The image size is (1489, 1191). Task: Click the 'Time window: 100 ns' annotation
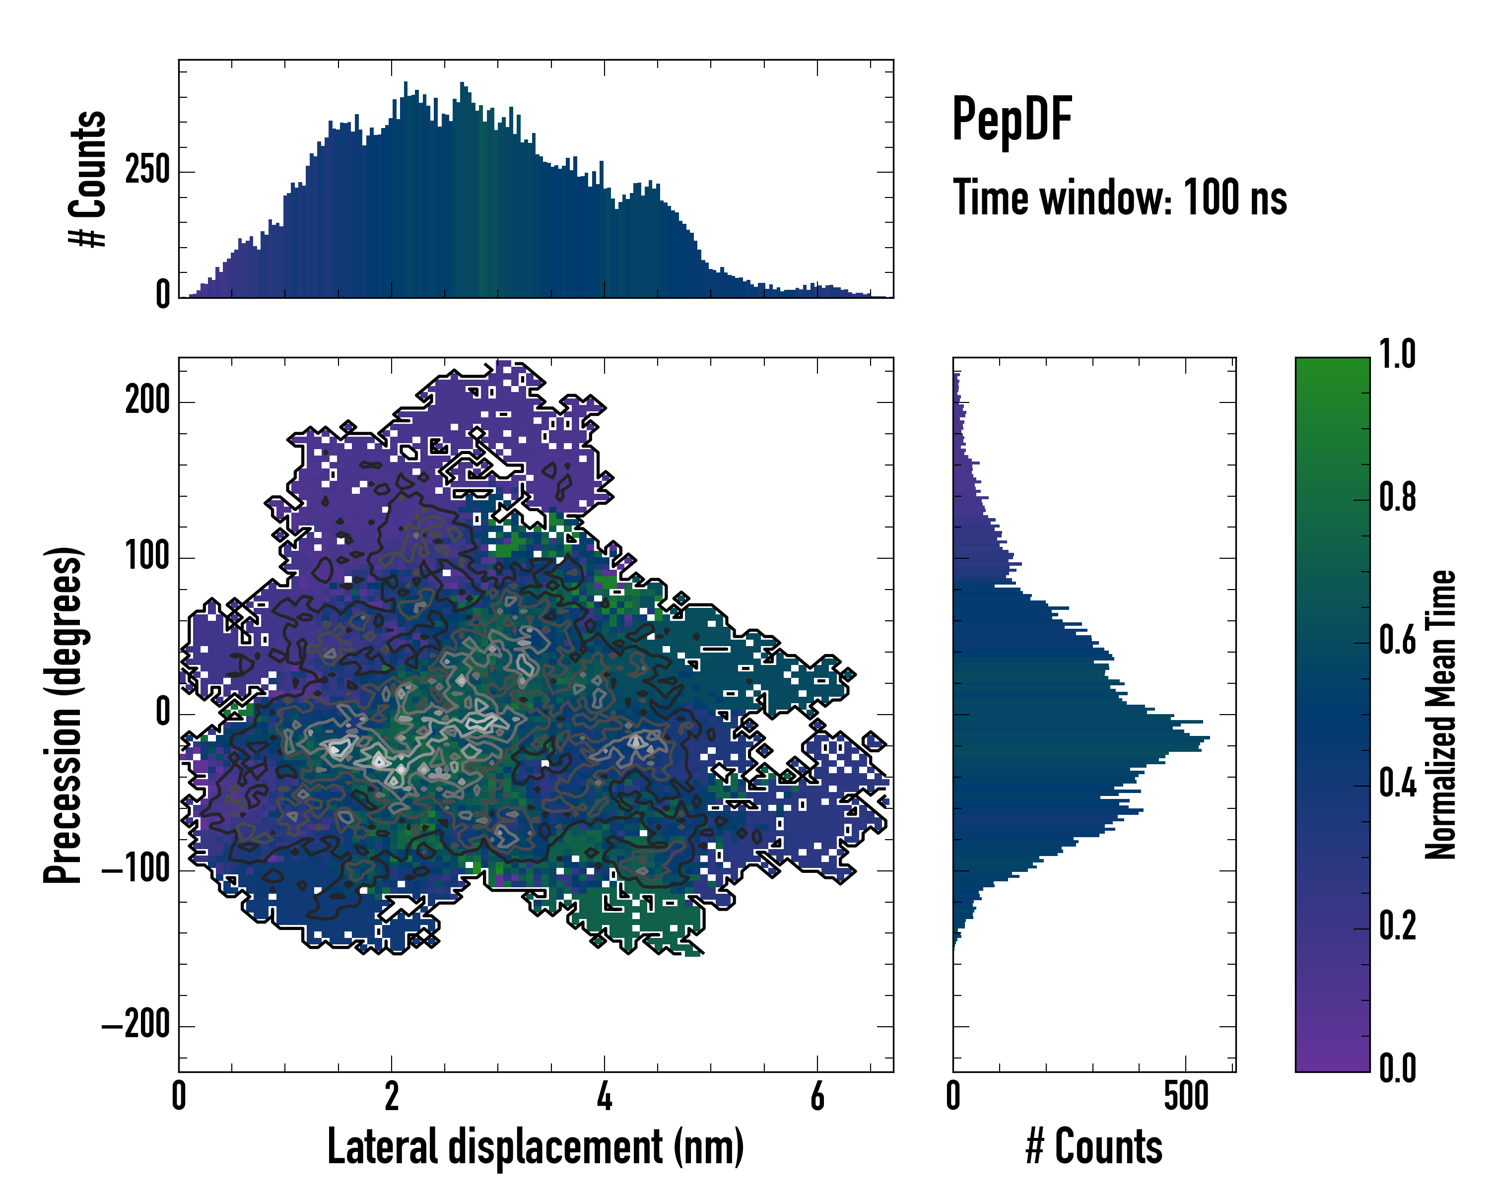[x=1120, y=198]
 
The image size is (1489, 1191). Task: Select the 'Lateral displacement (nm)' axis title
[x=535, y=1146]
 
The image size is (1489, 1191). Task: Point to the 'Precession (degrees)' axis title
[x=64, y=715]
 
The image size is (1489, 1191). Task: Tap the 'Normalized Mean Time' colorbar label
[x=1441, y=715]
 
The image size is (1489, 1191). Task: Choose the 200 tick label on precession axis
[x=147, y=400]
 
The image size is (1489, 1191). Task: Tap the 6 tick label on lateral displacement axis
[x=817, y=1096]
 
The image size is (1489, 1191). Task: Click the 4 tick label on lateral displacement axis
[x=605, y=1096]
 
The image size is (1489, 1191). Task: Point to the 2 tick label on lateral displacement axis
[x=392, y=1096]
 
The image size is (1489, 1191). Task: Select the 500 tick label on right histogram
[x=1186, y=1096]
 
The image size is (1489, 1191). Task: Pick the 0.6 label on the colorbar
[x=1397, y=641]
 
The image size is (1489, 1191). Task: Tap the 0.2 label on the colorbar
[x=1397, y=926]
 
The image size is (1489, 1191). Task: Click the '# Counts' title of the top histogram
[x=88, y=178]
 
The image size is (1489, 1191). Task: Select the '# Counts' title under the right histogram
[x=1094, y=1146]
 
